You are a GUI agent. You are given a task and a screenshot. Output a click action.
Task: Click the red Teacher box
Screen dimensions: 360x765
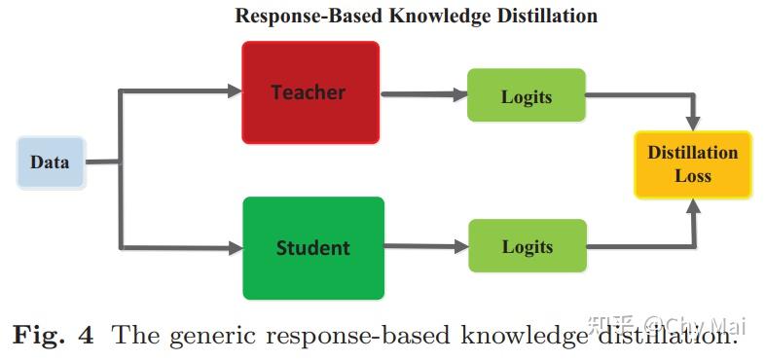coord(309,92)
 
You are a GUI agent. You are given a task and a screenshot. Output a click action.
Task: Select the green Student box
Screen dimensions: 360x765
coord(313,247)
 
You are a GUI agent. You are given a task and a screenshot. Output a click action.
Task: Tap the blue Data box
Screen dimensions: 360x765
coord(51,162)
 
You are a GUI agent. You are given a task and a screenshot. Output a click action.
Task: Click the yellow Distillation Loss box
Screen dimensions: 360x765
coord(693,164)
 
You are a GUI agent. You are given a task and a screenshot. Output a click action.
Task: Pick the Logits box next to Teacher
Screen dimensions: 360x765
coord(526,95)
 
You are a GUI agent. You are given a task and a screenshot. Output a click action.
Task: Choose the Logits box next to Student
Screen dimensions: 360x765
coord(528,245)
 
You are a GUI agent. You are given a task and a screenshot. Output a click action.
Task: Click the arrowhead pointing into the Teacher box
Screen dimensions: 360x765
coord(235,91)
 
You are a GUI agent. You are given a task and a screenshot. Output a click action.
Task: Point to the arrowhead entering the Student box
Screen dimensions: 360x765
coord(235,248)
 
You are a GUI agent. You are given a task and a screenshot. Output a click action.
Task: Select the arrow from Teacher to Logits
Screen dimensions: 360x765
coord(420,94)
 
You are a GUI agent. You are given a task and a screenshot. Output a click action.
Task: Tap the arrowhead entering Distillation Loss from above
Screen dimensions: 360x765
coord(693,124)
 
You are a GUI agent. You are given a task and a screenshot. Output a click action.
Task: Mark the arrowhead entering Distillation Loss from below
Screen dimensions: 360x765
coord(693,205)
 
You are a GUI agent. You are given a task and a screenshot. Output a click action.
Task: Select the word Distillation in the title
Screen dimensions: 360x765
coord(549,17)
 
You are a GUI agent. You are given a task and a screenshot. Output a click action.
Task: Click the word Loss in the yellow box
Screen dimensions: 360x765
coord(693,176)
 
